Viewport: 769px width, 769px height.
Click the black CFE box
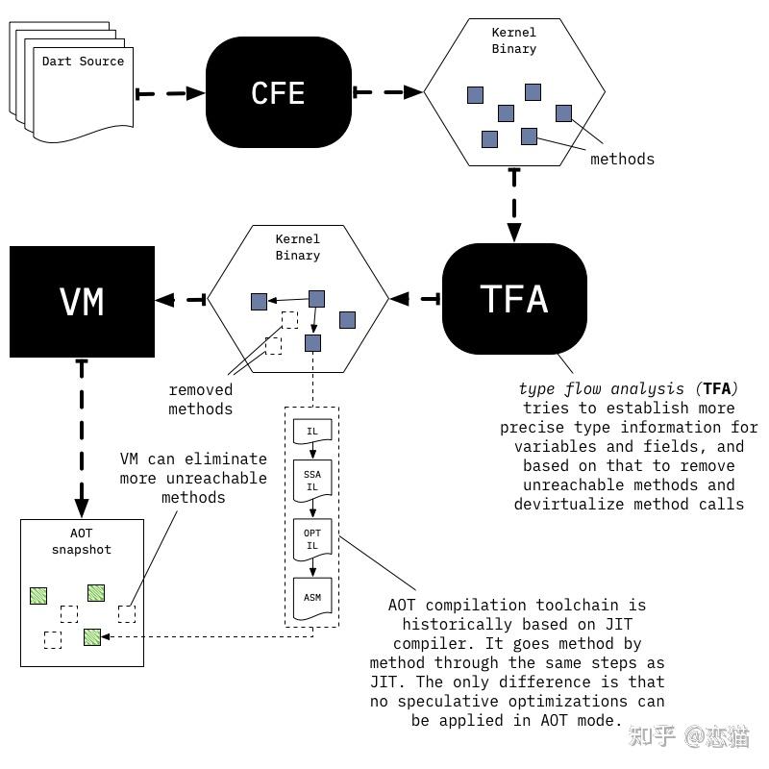pos(278,92)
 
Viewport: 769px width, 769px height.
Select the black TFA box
pos(514,299)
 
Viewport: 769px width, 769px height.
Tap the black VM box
pos(82,302)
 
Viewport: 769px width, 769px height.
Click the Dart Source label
pos(83,62)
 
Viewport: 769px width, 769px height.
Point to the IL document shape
pos(312,433)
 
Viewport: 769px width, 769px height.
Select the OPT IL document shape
pos(312,539)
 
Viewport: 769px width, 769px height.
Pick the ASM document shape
pos(312,598)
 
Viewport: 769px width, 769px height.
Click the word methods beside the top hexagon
pos(622,160)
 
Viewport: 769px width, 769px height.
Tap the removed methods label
pos(201,399)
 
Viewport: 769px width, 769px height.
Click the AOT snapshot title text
pos(82,542)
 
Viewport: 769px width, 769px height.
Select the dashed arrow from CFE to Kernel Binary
pos(388,93)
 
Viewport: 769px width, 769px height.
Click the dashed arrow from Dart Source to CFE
pos(170,93)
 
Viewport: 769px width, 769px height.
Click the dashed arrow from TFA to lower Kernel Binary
pos(415,300)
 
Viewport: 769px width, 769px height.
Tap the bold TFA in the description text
pos(716,388)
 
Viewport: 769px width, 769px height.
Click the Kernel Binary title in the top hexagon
pos(514,40)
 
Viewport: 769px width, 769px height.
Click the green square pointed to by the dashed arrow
pos(92,636)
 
